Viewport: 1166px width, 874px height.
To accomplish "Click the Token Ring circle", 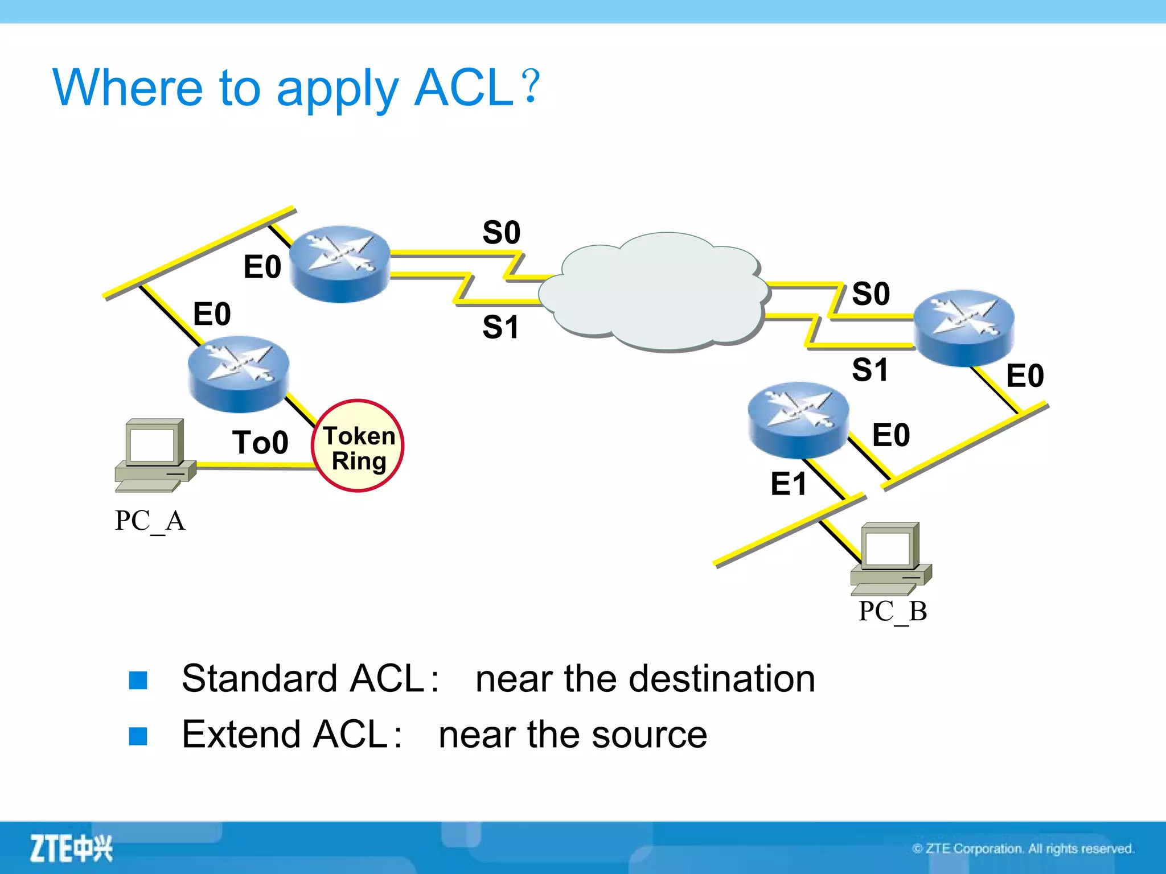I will pyautogui.click(x=358, y=446).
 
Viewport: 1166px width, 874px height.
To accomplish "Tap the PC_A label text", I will pyautogui.click(x=150, y=520).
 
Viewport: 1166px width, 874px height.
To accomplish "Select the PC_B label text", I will pyautogui.click(x=892, y=611).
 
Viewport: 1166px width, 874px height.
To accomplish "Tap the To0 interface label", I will pyautogui.click(x=260, y=443).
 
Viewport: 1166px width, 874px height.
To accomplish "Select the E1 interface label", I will pyautogui.click(x=789, y=484).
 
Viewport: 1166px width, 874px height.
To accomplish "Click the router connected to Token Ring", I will pyautogui.click(x=239, y=374).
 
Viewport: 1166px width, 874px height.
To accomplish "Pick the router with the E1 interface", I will pyautogui.click(x=798, y=420).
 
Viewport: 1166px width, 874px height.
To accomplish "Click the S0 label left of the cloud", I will pyautogui.click(x=501, y=233).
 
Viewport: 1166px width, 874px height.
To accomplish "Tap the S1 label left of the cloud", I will pyautogui.click(x=500, y=328).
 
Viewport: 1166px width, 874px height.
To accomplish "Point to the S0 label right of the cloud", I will pyautogui.click(x=871, y=294).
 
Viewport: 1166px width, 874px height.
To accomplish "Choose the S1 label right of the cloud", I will pyautogui.click(x=870, y=370).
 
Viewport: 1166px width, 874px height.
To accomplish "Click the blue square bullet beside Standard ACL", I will pyautogui.click(x=138, y=680).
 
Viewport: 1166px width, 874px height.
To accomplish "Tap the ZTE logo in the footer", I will pyautogui.click(x=71, y=848).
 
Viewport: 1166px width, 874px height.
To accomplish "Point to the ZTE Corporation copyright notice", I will pyautogui.click(x=1023, y=849).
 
